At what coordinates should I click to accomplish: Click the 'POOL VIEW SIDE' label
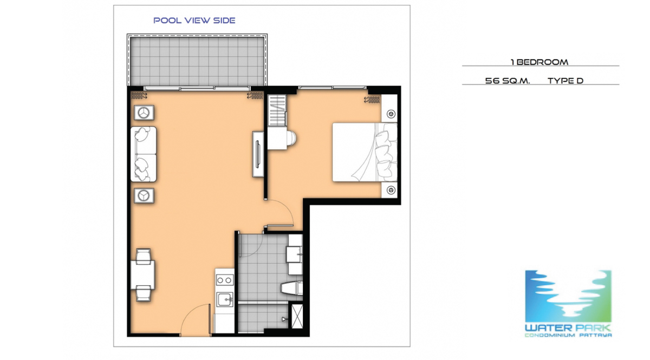pos(194,21)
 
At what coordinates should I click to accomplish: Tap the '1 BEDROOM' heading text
pos(539,62)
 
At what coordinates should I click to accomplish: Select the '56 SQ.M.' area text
pos(508,81)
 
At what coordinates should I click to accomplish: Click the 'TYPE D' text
pos(565,81)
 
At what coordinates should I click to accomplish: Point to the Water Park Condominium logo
pos(568,304)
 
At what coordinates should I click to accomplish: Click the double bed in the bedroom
pos(365,152)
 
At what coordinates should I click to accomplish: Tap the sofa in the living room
pos(144,154)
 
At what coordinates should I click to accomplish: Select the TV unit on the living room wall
pos(258,154)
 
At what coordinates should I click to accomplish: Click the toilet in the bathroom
pos(291,288)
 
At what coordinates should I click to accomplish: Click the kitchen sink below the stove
pos(225,299)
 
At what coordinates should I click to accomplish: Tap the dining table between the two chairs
pos(142,274)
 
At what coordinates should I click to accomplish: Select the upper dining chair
pos(144,256)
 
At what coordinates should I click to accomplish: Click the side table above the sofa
pos(144,113)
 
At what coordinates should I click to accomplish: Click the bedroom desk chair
pos(291,140)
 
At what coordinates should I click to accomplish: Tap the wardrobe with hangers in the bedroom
pos(277,110)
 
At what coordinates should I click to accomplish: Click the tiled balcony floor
pos(197,61)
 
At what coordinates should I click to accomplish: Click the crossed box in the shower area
pos(297,316)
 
